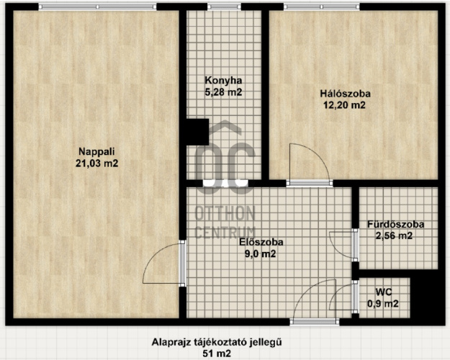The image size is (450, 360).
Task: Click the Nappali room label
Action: (96, 151)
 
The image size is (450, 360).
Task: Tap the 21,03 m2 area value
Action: (96, 163)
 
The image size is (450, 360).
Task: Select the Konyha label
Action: (223, 81)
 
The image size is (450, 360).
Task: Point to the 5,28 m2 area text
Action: (223, 92)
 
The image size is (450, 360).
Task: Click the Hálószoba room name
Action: (346, 94)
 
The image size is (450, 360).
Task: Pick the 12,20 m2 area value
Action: (344, 105)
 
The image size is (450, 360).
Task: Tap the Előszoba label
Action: (261, 242)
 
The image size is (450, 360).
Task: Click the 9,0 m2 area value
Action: (260, 253)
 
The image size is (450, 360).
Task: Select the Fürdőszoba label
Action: (396, 224)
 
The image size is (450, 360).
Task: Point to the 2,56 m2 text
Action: (394, 236)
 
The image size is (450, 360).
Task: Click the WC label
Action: (384, 292)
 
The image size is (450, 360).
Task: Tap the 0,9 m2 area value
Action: (383, 304)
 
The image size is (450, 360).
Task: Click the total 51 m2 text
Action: (217, 354)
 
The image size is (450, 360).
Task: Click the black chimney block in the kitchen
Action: (197, 132)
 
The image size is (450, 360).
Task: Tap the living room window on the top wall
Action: (98, 6)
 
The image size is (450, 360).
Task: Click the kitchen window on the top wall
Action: (224, 6)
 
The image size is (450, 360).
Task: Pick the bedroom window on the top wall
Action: (321, 6)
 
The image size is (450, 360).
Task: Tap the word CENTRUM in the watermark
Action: (225, 233)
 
